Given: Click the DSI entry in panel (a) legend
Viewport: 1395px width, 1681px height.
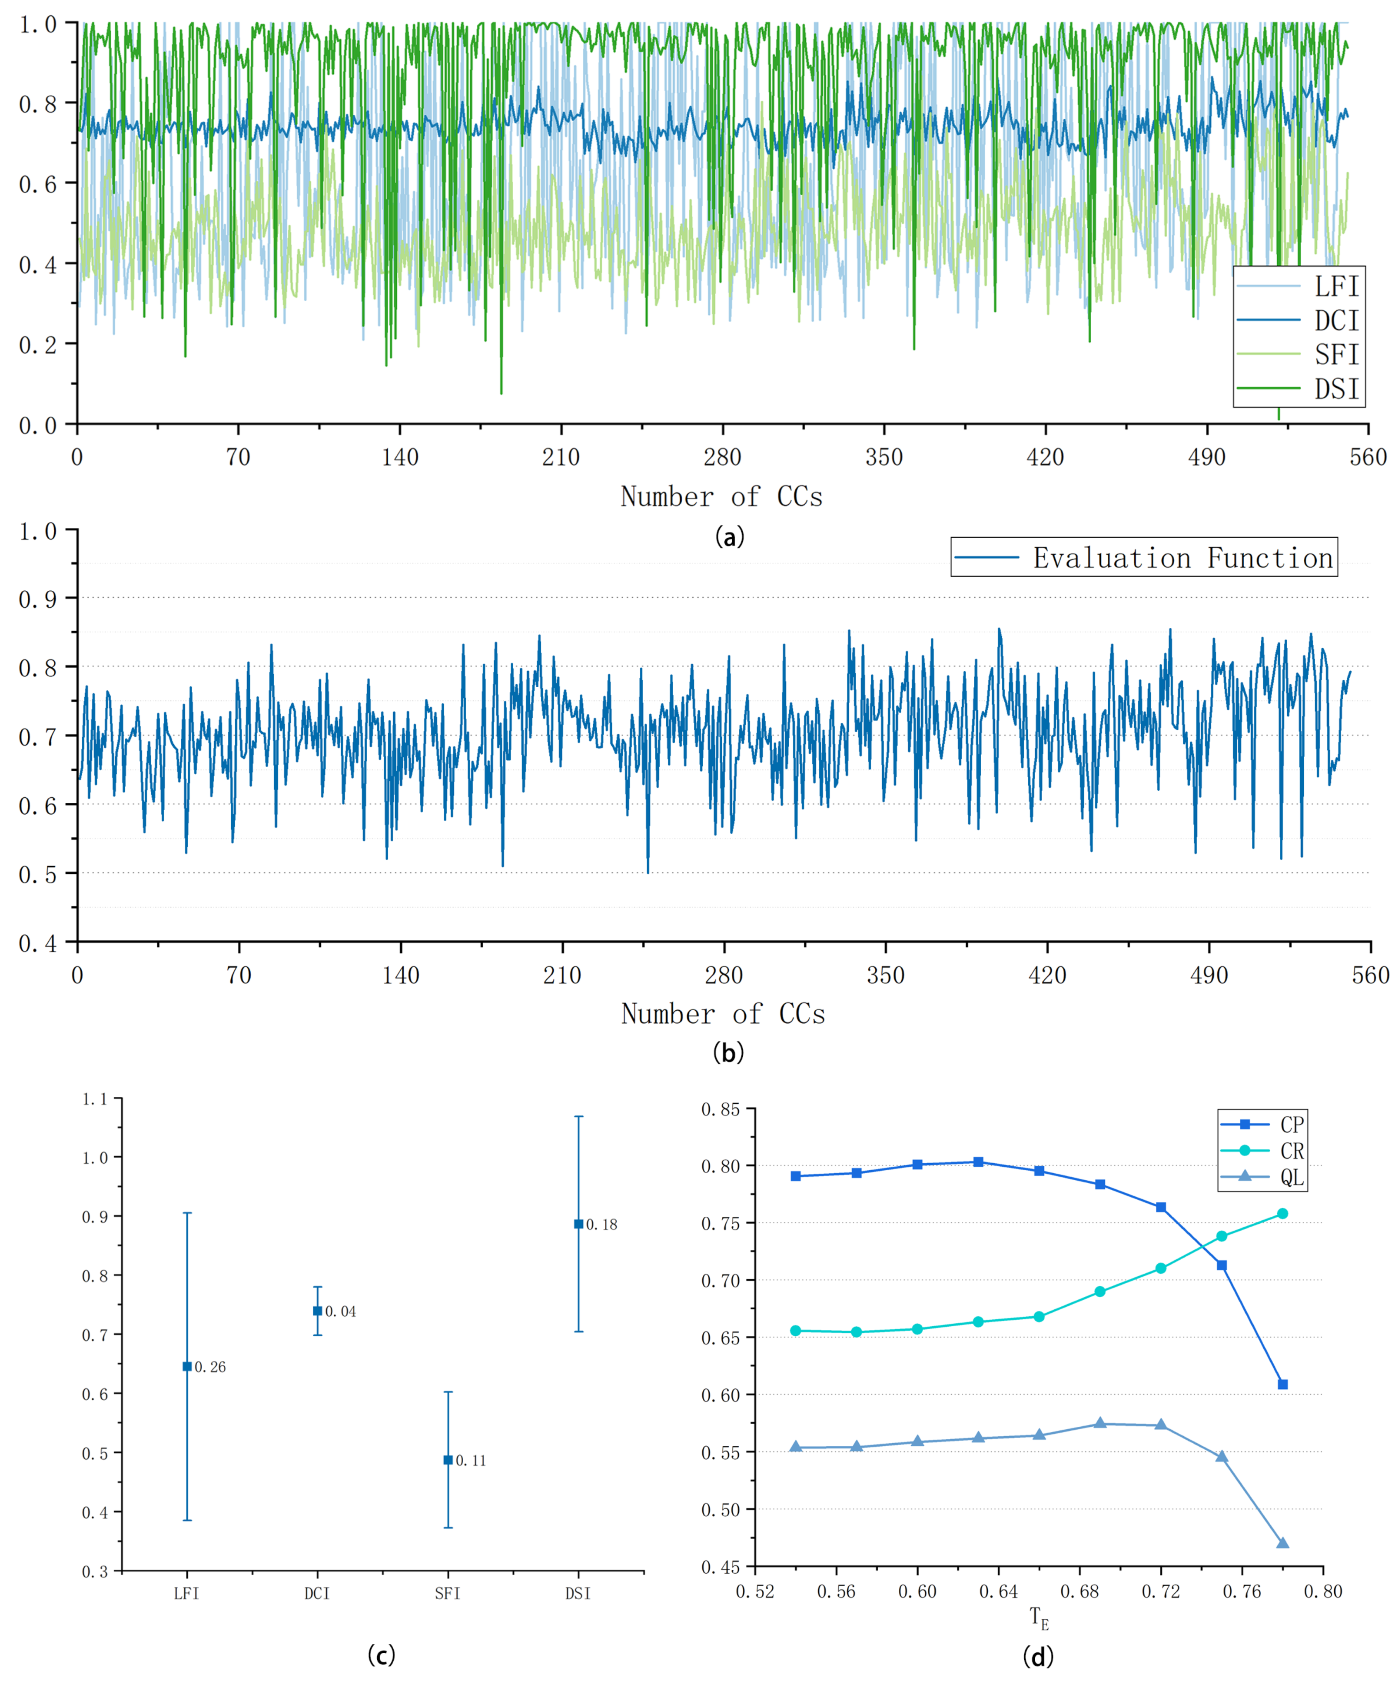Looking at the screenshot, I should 1335,389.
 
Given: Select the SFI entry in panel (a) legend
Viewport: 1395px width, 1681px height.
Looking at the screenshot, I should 1335,355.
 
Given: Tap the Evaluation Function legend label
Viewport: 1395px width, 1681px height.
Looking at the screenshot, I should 1182,558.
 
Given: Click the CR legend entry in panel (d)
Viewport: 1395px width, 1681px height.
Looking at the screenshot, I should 1292,1151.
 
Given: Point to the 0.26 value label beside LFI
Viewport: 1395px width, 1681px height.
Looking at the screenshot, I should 210,1367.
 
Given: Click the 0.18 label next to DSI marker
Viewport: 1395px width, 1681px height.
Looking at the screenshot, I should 602,1225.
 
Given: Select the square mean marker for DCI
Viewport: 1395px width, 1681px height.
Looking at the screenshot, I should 318,1311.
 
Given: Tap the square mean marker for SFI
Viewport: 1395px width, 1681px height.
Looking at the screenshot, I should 448,1460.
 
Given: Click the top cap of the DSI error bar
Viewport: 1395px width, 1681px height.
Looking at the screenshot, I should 579,1117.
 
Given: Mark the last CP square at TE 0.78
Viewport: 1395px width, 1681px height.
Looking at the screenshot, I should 1283,1384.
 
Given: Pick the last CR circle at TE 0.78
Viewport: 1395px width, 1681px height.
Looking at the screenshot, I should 1283,1214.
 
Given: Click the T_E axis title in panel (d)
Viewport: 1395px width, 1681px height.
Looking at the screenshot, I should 1039,1618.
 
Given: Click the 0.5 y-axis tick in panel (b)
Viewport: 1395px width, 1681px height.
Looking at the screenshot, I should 38,874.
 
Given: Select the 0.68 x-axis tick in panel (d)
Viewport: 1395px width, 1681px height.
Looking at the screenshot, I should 1079,1591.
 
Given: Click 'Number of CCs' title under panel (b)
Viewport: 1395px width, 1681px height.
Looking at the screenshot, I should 723,1014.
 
